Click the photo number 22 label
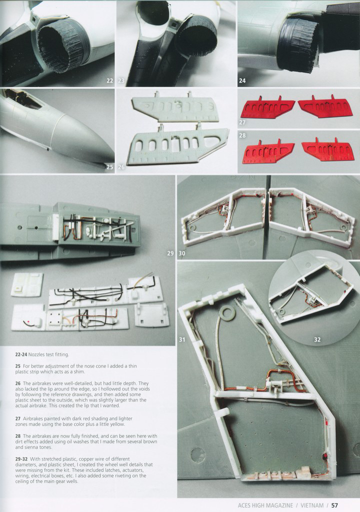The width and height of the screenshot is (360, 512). pyautogui.click(x=109, y=80)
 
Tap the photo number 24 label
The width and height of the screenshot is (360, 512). pyautogui.click(x=242, y=80)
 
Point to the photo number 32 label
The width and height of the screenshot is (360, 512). pyautogui.click(x=317, y=340)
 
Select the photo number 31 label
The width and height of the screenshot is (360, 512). pyautogui.click(x=182, y=340)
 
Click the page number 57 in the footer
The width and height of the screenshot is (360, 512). pyautogui.click(x=334, y=505)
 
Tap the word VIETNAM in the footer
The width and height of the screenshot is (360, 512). pyautogui.click(x=312, y=505)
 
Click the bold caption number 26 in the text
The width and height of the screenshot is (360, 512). pyautogui.click(x=18, y=383)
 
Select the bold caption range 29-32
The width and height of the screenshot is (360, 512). pyautogui.click(x=21, y=459)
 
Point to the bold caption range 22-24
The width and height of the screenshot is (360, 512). pyautogui.click(x=21, y=354)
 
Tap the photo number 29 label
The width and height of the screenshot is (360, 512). pyautogui.click(x=170, y=253)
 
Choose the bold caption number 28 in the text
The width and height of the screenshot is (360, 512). pyautogui.click(x=18, y=436)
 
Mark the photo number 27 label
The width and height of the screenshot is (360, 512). pyautogui.click(x=242, y=122)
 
